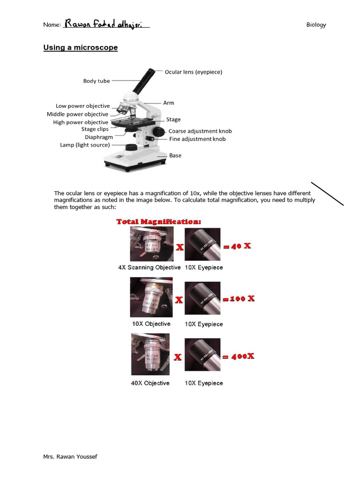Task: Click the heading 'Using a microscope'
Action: coord(80,48)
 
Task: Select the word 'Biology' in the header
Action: coord(316,25)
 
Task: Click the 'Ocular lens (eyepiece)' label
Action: coord(193,72)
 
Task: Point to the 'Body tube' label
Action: coord(97,81)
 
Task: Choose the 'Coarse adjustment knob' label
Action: coord(200,131)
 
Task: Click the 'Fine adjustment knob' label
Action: coord(197,139)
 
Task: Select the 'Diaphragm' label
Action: coord(99,137)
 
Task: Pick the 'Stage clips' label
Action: coord(95,129)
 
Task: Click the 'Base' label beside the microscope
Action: coord(175,156)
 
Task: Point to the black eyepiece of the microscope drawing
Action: coord(144,81)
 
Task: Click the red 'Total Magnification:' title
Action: coord(159,221)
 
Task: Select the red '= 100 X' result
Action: coord(239,299)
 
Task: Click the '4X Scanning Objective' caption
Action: coord(149,268)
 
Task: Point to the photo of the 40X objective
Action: coord(150,354)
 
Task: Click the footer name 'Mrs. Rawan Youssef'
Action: coord(70,457)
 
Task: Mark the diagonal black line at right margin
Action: coord(327,193)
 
